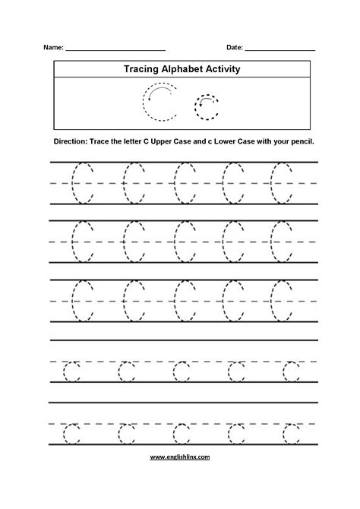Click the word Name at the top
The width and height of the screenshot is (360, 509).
[x=54, y=47]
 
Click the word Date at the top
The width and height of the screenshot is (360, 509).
[x=233, y=47]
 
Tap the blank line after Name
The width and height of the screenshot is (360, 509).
[x=115, y=49]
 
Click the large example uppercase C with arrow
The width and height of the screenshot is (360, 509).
[x=158, y=103]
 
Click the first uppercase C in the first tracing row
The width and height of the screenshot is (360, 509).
[x=81, y=182]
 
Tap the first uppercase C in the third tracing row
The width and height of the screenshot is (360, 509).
[x=81, y=301]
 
